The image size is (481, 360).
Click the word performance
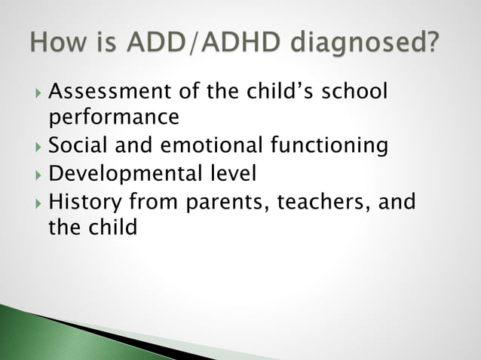(114, 118)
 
